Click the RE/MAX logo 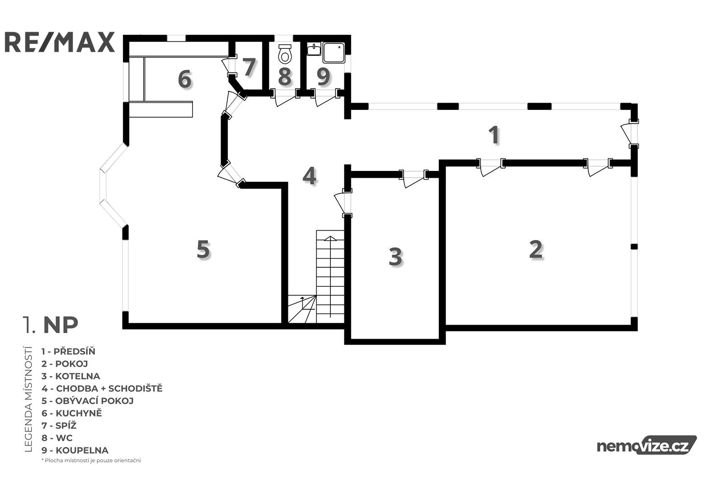click(60, 42)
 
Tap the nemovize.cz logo click(647, 446)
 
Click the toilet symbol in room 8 click(285, 54)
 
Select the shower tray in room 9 click(334, 52)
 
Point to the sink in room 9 click(314, 49)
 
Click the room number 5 click(203, 249)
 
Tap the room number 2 click(536, 249)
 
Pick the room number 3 click(395, 257)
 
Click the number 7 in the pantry click(249, 67)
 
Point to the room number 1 click(494, 135)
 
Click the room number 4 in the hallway click(310, 176)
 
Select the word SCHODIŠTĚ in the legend click(136, 388)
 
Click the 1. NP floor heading click(50, 325)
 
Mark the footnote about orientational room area click(91, 460)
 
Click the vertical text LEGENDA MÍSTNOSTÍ click(28, 399)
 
